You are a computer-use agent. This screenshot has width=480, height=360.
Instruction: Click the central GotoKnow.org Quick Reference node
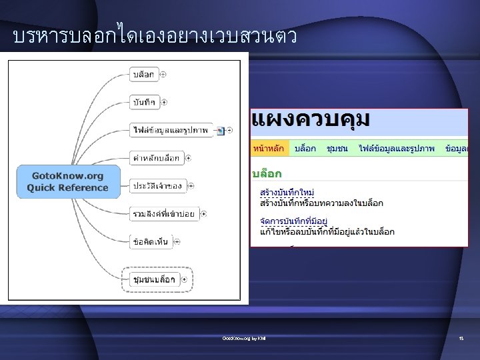[x=67, y=181]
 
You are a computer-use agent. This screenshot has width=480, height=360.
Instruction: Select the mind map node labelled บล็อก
[x=143, y=75]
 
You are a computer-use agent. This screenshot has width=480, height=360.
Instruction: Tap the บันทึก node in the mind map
[x=144, y=102]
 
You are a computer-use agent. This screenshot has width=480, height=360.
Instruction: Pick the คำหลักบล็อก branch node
[x=156, y=158]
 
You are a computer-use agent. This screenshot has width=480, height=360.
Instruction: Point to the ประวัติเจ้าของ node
[x=157, y=185]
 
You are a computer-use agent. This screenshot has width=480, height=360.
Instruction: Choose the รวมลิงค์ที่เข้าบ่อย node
[x=163, y=213]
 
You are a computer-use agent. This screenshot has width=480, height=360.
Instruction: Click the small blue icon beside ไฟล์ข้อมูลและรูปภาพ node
[x=219, y=130]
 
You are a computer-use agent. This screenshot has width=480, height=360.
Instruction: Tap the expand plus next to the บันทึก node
[x=164, y=102]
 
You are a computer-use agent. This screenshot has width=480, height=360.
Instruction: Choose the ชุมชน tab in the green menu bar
[x=337, y=149]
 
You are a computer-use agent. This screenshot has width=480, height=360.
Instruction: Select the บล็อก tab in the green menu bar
[x=305, y=149]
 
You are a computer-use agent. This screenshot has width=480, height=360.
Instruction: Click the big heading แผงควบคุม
[x=310, y=122]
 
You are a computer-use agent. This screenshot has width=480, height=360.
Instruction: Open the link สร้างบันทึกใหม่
[x=287, y=193]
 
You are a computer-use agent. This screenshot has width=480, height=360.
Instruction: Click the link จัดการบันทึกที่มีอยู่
[x=294, y=221]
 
